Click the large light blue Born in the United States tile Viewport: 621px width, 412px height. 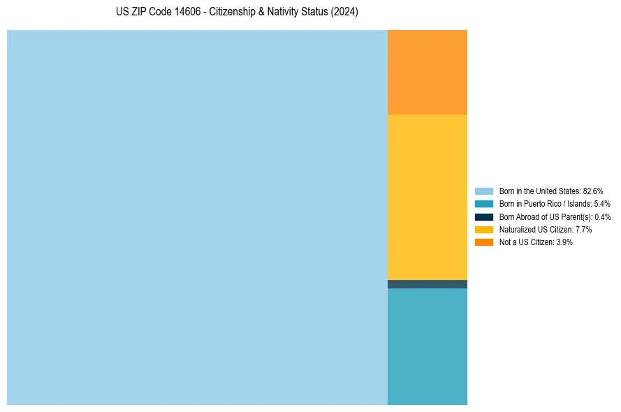coord(197,217)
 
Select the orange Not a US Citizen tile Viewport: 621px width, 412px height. coord(427,72)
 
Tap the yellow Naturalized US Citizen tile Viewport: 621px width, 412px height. coord(427,197)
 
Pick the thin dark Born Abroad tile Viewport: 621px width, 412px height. coord(427,284)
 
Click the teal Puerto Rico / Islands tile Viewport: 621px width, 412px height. coord(427,346)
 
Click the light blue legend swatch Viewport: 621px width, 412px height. coord(484,191)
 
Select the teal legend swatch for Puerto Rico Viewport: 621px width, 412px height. coord(484,204)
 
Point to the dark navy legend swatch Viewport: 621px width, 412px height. coord(484,216)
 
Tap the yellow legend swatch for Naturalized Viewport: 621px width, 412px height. coord(484,229)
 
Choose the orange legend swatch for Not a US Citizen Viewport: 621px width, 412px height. coord(484,242)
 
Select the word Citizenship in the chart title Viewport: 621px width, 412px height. coord(236,13)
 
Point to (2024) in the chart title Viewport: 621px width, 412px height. coord(344,13)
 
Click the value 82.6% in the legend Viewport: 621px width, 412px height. coord(593,191)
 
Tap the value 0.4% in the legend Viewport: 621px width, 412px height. coord(603,216)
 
